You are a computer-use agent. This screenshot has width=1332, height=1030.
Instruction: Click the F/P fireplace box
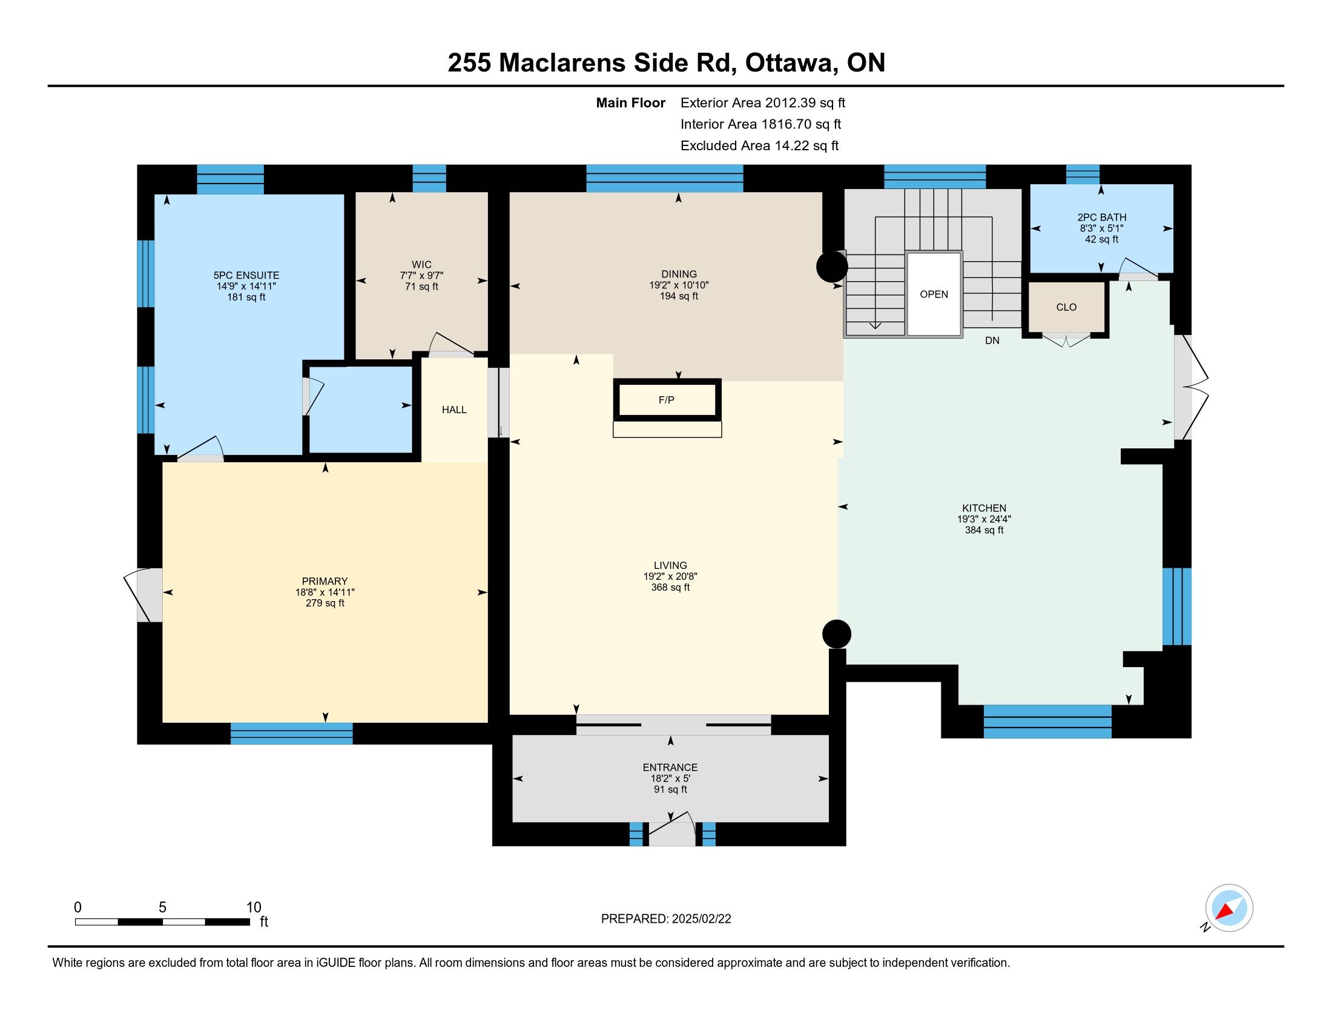coord(667,400)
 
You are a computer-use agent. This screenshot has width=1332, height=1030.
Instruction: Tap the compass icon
coord(1229,908)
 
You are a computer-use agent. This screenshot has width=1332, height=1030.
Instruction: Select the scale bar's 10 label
coord(254,908)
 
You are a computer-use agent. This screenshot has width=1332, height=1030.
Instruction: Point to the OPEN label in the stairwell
coord(934,294)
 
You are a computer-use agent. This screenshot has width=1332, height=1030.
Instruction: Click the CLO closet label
coord(1066,307)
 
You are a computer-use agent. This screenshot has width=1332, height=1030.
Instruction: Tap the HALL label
coord(454,410)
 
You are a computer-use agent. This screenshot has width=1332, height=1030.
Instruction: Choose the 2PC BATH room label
coord(1101,218)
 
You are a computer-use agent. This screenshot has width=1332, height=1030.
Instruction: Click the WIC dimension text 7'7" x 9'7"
coord(421,275)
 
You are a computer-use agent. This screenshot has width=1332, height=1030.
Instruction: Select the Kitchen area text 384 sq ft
coord(984,530)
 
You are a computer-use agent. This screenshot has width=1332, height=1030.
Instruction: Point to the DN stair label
coord(992,341)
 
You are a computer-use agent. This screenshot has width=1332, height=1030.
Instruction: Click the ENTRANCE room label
coord(670,767)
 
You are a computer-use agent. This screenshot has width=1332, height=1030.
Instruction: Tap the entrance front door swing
coord(671,829)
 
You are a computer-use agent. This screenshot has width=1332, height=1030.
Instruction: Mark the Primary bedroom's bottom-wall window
coord(292,734)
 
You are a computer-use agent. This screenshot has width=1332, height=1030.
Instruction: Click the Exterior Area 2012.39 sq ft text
coord(763,102)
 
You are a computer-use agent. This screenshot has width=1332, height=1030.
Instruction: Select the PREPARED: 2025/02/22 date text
coord(666,919)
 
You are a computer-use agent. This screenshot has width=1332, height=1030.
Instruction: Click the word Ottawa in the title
coord(789,62)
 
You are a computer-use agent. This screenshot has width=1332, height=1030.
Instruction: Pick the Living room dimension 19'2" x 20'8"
coord(670,576)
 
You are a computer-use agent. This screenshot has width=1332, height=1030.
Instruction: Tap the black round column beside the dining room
coord(832,267)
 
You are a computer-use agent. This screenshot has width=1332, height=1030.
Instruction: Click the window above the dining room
coord(665,178)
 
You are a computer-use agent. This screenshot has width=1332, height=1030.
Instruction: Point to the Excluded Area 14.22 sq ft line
coord(759,145)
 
